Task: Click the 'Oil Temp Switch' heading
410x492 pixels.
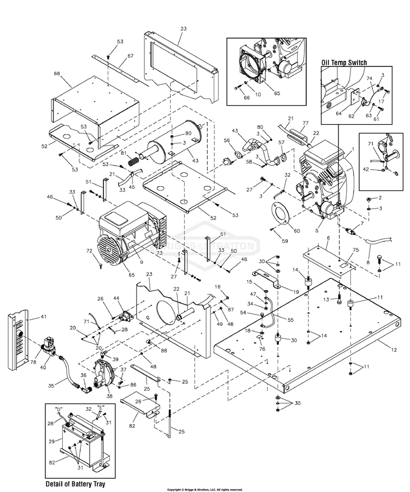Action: [x=344, y=62]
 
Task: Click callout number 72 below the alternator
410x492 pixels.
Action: [x=89, y=251]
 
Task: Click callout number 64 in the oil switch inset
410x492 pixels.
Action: [x=338, y=113]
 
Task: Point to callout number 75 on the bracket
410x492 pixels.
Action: [x=356, y=249]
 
